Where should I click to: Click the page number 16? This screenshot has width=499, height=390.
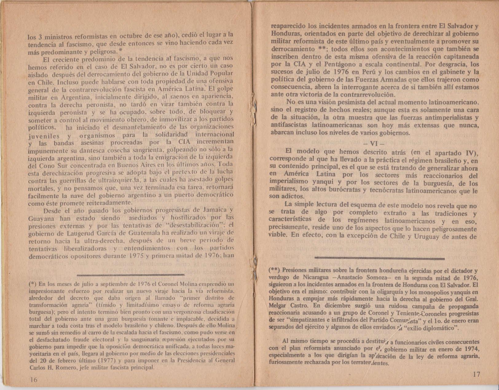[33, 380]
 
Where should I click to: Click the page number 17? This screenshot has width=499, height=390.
[476, 375]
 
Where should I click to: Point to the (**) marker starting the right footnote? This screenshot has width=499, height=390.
[274, 271]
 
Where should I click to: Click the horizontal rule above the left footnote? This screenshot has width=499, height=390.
[131, 275]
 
